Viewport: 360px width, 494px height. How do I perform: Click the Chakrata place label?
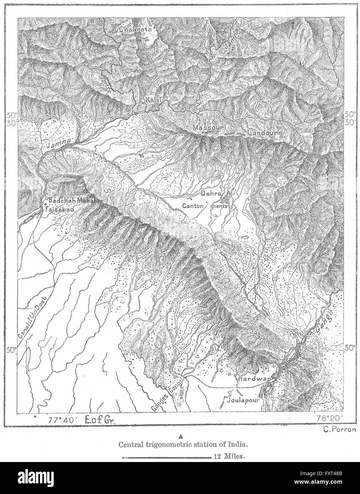pyautogui.click(x=135, y=29)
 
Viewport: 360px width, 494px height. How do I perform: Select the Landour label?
pyautogui.click(x=264, y=133)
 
